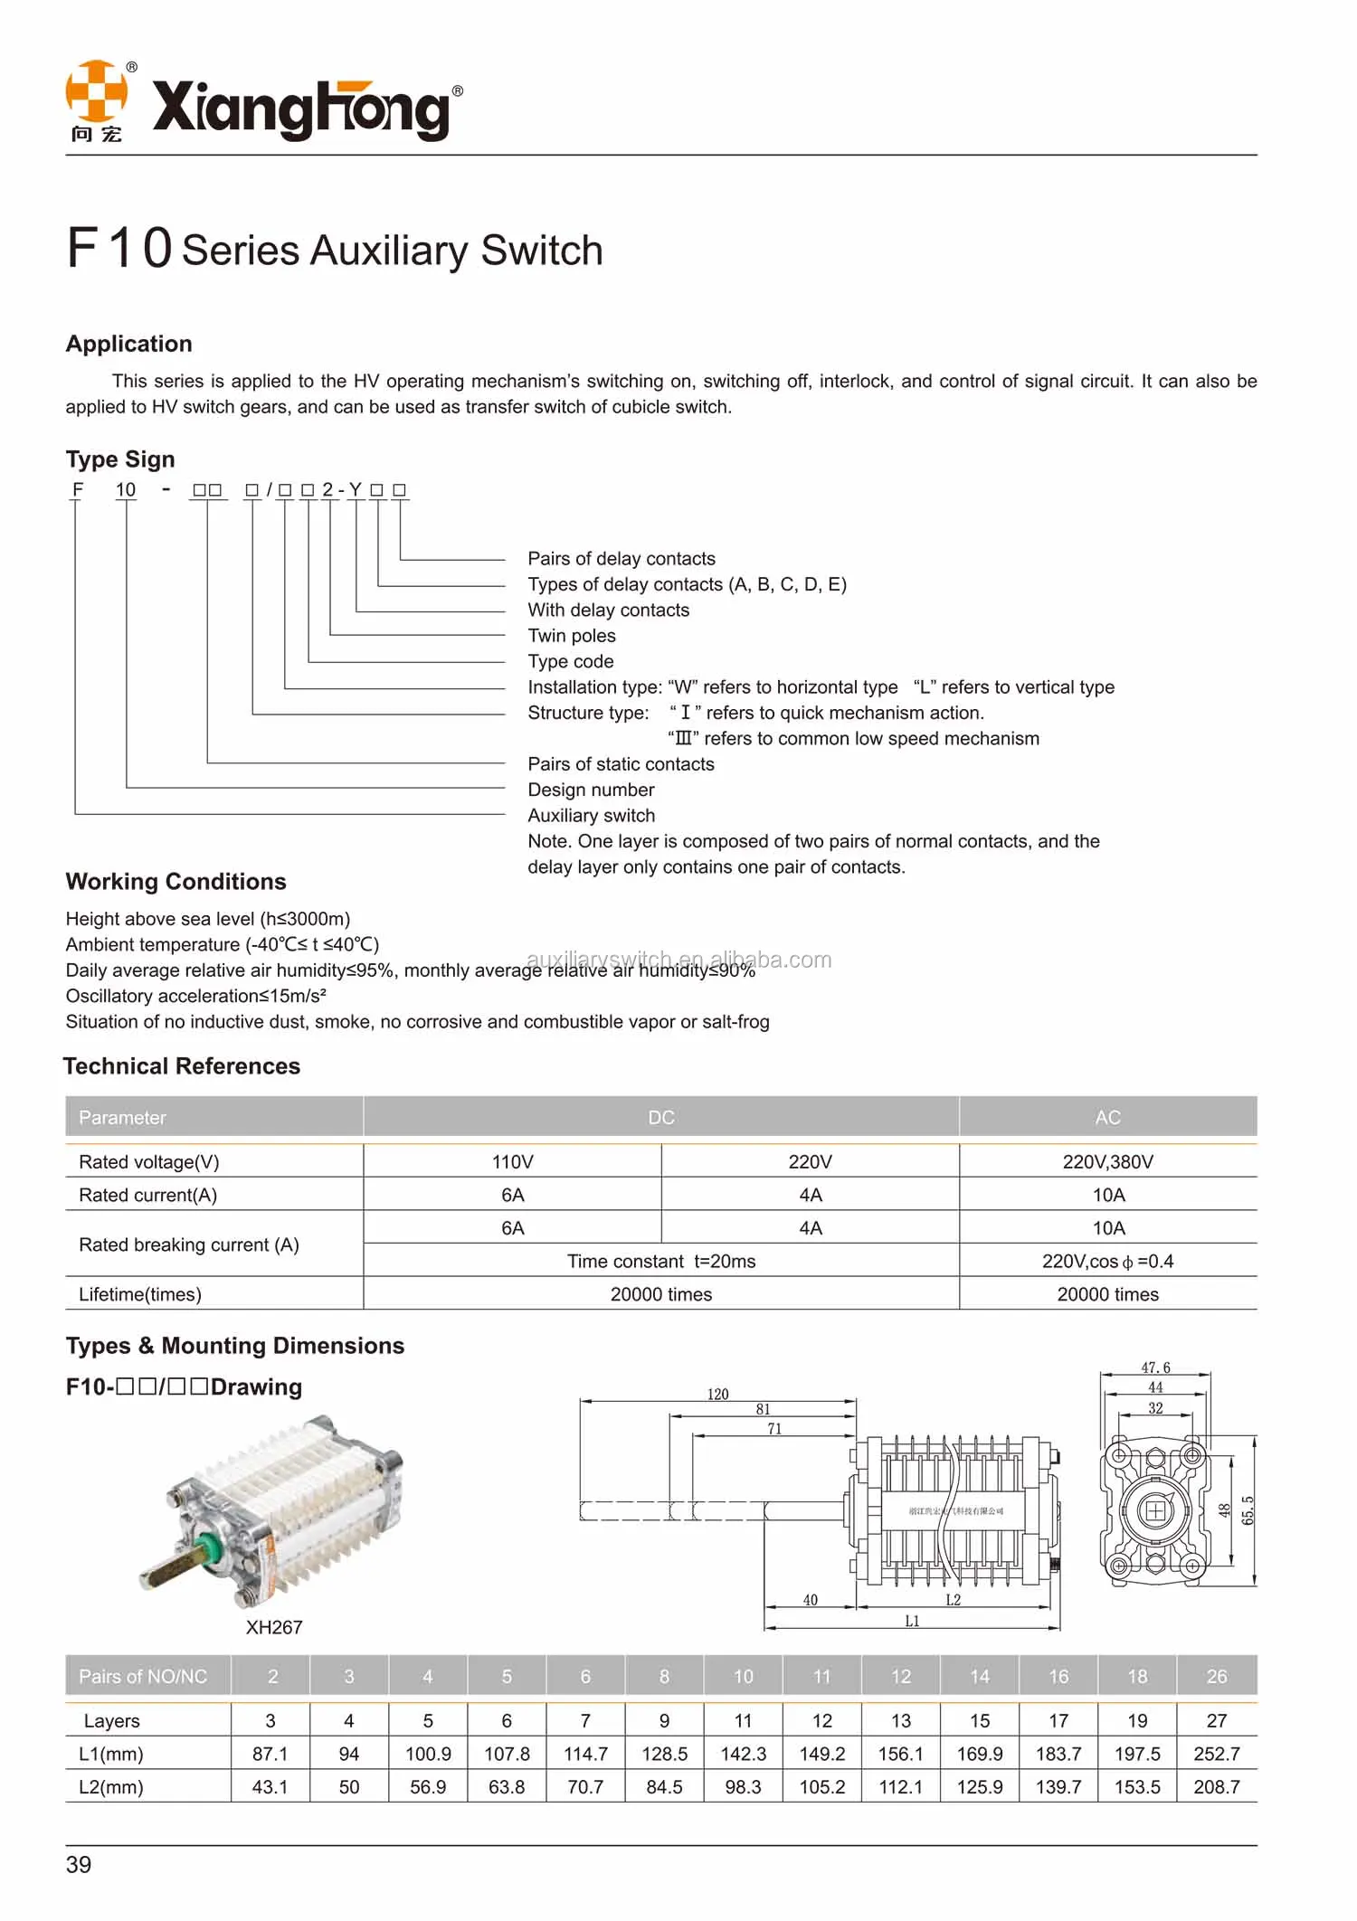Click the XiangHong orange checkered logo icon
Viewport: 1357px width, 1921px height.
pyautogui.click(x=96, y=91)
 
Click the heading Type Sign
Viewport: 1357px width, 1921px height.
pyautogui.click(x=120, y=459)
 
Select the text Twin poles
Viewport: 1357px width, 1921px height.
pyautogui.click(x=572, y=636)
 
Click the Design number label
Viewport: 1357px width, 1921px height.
pyautogui.click(x=591, y=790)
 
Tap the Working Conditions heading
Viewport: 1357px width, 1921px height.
pyautogui.click(x=176, y=882)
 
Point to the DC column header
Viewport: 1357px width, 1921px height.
pyautogui.click(x=661, y=1118)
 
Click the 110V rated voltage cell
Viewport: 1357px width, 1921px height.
pyautogui.click(x=512, y=1162)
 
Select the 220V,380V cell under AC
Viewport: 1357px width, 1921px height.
pyautogui.click(x=1107, y=1162)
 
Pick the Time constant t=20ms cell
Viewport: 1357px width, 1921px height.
pyautogui.click(x=661, y=1262)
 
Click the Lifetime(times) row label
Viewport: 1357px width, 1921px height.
pyautogui.click(x=140, y=1294)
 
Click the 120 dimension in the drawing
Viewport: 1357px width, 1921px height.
pyautogui.click(x=717, y=1394)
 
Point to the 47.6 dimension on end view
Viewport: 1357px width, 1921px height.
pyautogui.click(x=1155, y=1367)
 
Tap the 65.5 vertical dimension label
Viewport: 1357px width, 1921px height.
pyautogui.click(x=1248, y=1510)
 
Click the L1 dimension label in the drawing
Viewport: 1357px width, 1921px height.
pyautogui.click(x=912, y=1621)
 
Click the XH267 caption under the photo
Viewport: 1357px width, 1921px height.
pyautogui.click(x=274, y=1627)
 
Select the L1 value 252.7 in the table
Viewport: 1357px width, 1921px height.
pyautogui.click(x=1216, y=1754)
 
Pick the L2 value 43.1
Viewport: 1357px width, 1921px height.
pyautogui.click(x=270, y=1787)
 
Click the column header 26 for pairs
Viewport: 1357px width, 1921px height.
pyautogui.click(x=1216, y=1677)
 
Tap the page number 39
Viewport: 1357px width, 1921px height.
pyautogui.click(x=79, y=1865)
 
